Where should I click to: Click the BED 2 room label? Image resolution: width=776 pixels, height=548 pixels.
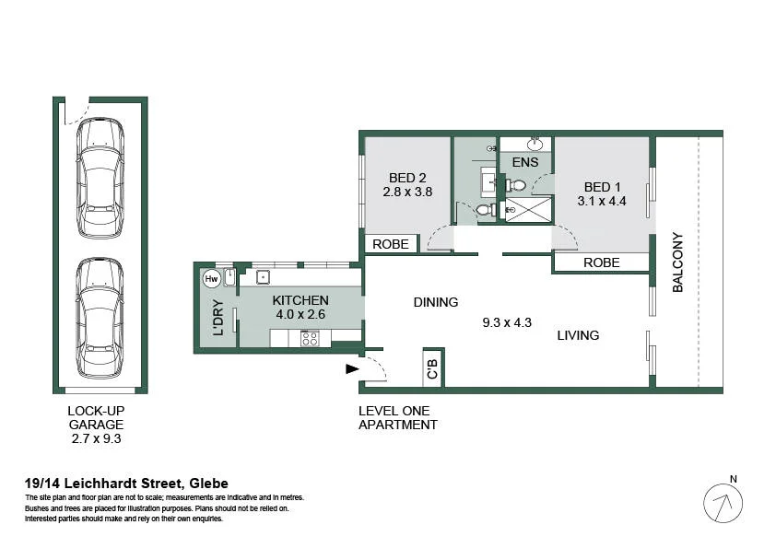point(407,178)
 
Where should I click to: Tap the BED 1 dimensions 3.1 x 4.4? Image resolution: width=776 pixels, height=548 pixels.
point(602,202)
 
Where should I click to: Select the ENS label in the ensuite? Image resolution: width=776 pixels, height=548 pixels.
point(525,162)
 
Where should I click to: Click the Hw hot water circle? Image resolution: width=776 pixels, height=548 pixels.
point(211,279)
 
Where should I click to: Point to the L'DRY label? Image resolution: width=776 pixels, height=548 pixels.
point(218,318)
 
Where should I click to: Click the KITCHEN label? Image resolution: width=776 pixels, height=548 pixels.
point(300,300)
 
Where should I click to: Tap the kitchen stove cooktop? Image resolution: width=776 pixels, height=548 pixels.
point(310,339)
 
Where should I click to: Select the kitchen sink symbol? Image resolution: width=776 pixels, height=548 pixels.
point(263,277)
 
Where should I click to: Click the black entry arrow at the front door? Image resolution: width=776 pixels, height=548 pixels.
point(352,369)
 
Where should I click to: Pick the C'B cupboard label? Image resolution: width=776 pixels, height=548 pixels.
point(432,369)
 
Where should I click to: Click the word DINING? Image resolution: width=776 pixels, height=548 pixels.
point(436,302)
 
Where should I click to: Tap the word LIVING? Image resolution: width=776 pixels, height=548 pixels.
point(578,335)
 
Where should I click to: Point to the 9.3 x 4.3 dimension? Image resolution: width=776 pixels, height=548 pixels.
point(507,322)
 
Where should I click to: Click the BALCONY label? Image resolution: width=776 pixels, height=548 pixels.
point(677,262)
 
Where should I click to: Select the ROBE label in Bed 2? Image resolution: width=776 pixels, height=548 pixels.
point(391,244)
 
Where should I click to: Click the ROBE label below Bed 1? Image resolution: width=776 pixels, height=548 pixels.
point(601,262)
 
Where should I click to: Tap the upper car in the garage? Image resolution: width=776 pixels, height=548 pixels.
point(100,178)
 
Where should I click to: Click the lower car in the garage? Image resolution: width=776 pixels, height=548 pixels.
point(100,318)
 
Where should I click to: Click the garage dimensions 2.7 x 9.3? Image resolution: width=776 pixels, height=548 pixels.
point(96,438)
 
